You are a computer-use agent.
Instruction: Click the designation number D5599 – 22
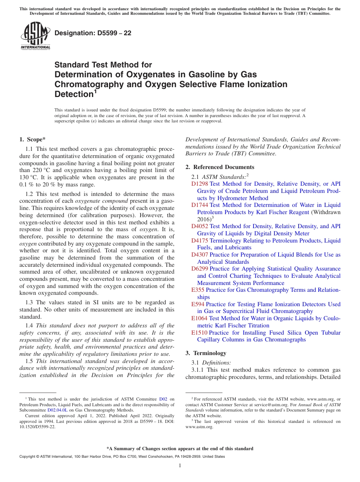click(x=93, y=33)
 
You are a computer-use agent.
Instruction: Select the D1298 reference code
click(x=199, y=184)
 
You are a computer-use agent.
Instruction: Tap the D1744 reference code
click(x=199, y=205)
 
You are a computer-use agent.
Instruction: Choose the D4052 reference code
click(x=199, y=226)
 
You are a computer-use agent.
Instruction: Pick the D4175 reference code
click(x=199, y=241)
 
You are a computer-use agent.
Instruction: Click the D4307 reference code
click(x=199, y=255)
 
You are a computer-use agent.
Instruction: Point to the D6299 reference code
click(x=199, y=269)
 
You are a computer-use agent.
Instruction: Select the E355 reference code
click(x=198, y=290)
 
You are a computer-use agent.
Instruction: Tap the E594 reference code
click(x=198, y=304)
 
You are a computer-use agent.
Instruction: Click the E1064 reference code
click(x=199, y=318)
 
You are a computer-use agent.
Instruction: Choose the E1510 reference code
click(x=199, y=333)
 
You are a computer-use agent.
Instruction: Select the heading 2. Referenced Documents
click(x=220, y=167)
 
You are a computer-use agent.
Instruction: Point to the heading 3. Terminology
click(x=206, y=353)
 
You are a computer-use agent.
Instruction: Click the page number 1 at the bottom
click(x=180, y=466)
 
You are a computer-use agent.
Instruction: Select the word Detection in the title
click(x=74, y=94)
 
